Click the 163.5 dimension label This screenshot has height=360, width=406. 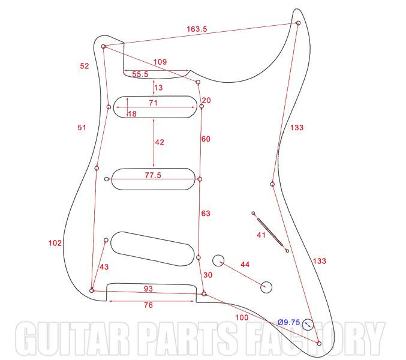(x=197, y=29)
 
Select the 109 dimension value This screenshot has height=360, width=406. (x=160, y=62)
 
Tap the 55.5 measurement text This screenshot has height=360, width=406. (x=140, y=74)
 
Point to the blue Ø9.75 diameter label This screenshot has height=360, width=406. (x=288, y=322)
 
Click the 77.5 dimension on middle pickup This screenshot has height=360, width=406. (x=153, y=175)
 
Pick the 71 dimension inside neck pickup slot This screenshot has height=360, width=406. (x=153, y=103)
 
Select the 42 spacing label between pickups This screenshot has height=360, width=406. (x=160, y=142)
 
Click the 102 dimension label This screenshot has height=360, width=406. (x=55, y=243)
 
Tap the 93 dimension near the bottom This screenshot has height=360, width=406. (x=148, y=289)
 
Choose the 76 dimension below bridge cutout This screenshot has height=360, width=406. (x=148, y=305)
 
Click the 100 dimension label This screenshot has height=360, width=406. (x=242, y=317)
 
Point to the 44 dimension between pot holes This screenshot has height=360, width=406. (x=245, y=265)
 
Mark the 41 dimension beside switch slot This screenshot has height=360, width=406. (x=261, y=235)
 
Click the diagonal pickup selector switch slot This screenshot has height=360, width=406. (x=270, y=232)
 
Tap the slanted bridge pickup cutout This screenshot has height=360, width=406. (x=152, y=249)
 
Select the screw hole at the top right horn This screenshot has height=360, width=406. (x=298, y=23)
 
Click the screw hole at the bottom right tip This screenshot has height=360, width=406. (x=319, y=343)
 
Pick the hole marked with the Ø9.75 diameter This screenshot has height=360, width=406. (x=308, y=325)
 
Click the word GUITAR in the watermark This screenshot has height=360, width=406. (x=73, y=338)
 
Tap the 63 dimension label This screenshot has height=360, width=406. (x=206, y=214)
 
